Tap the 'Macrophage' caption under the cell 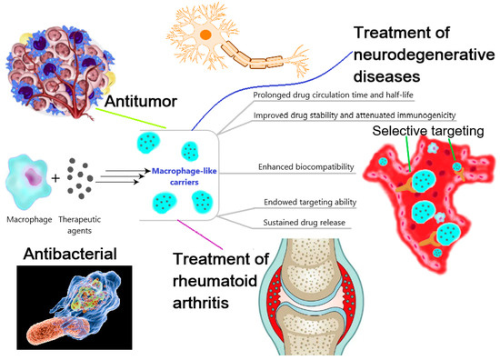coord(28,220)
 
